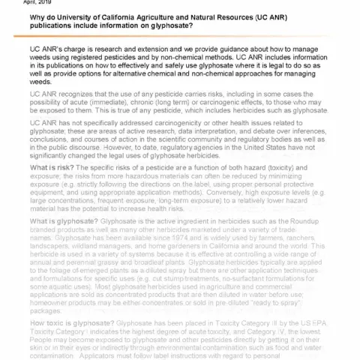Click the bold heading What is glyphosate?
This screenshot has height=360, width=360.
coord(68,223)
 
